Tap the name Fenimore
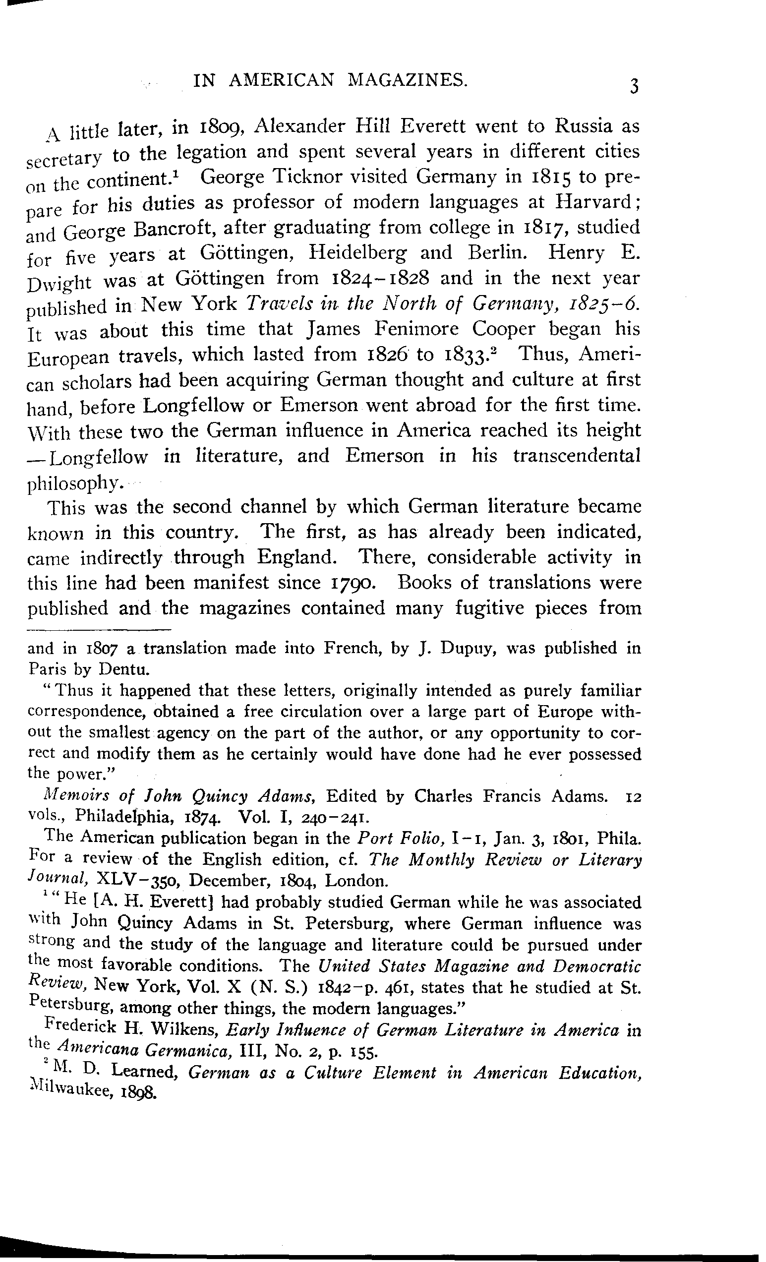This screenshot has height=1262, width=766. [416, 328]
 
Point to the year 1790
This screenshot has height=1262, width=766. [354, 582]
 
